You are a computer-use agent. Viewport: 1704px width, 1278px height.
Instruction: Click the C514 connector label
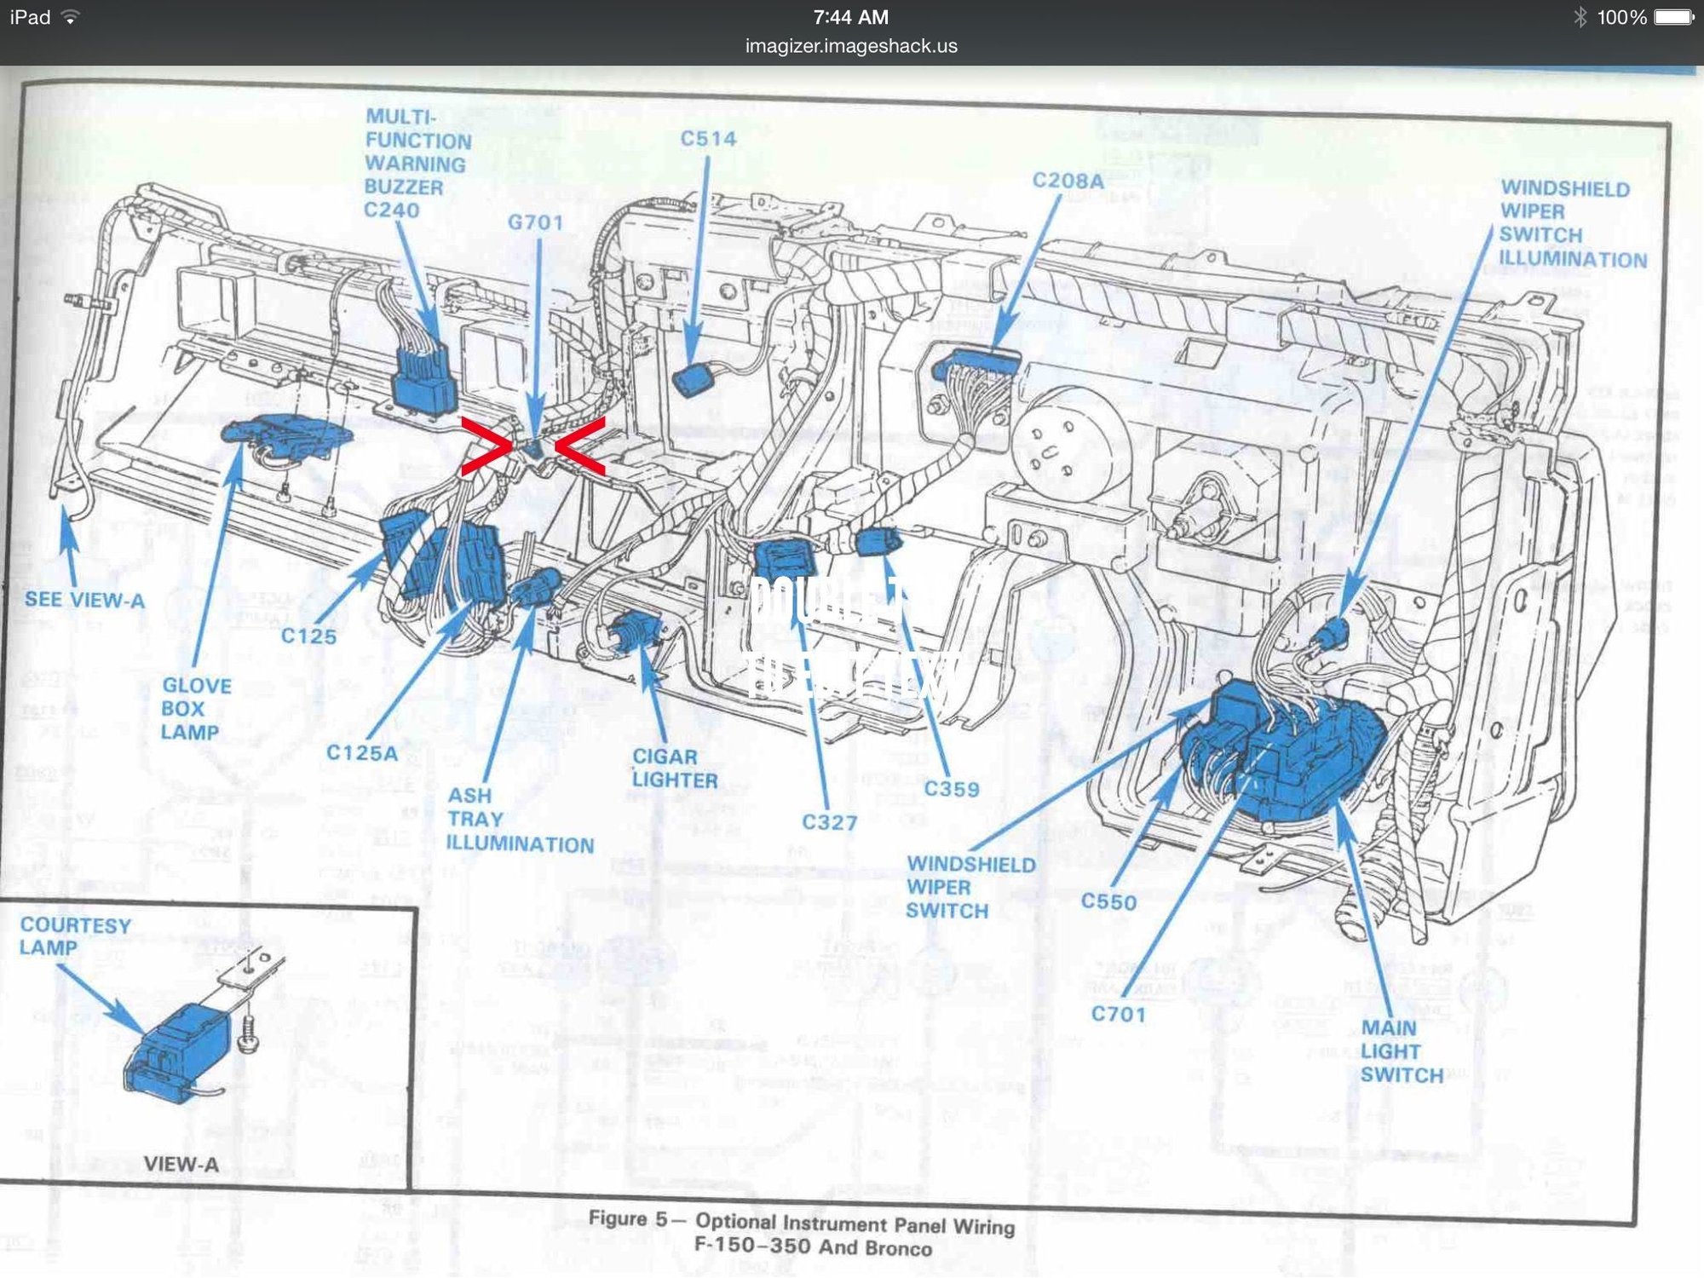point(708,139)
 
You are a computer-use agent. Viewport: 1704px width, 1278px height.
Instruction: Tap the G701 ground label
point(536,222)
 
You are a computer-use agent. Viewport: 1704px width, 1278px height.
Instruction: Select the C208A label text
point(1068,181)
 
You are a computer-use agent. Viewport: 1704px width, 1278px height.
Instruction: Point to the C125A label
point(362,753)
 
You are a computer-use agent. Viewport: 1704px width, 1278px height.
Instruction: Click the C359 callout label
point(952,790)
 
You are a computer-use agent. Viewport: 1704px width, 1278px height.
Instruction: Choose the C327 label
point(829,823)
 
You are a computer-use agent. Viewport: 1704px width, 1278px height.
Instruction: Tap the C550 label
point(1108,901)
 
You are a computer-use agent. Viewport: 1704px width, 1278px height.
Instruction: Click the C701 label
point(1118,1014)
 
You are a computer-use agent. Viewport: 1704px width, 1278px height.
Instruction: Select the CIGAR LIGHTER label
point(674,769)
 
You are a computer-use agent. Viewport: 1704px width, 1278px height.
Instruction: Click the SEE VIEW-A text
point(84,600)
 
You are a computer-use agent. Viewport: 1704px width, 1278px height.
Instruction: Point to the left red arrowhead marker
point(486,446)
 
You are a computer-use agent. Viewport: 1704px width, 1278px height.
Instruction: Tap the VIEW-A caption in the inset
point(181,1164)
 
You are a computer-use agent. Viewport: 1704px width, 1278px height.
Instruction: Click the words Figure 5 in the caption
point(628,1218)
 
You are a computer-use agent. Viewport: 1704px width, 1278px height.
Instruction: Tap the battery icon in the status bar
point(1673,17)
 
